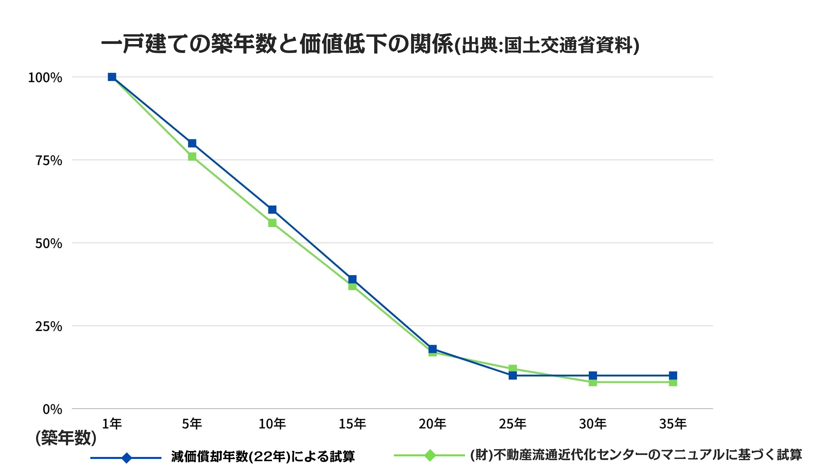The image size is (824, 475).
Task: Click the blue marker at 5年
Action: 192,143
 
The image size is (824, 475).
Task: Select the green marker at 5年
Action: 192,157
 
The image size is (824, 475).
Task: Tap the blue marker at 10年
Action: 272,209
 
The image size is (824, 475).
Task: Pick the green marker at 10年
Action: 272,223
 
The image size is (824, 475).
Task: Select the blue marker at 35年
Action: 673,375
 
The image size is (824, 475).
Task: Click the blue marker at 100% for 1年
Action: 112,77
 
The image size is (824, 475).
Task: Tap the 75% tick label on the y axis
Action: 49,160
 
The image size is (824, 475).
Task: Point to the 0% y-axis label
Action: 52,409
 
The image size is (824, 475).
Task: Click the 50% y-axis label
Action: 49,243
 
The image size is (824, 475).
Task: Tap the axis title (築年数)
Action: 66,437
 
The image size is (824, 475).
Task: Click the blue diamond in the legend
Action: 126,458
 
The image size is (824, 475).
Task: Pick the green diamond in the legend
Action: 430,455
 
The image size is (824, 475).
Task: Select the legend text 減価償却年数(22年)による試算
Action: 263,456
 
